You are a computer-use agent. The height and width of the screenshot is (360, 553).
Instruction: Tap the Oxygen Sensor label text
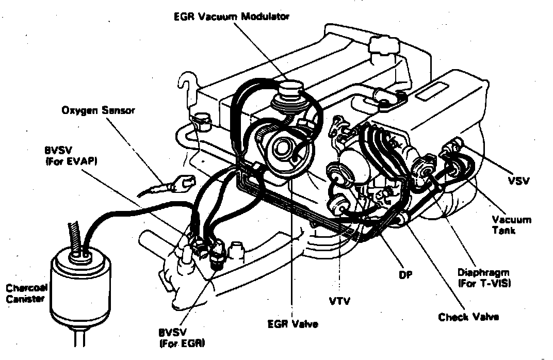point(98,110)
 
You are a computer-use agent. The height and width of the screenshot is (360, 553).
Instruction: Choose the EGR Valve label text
point(292,324)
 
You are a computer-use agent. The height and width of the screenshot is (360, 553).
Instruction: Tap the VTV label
point(339,300)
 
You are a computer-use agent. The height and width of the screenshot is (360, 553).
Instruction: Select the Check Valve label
point(468,317)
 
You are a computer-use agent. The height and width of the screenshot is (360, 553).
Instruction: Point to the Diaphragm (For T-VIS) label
point(484,277)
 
